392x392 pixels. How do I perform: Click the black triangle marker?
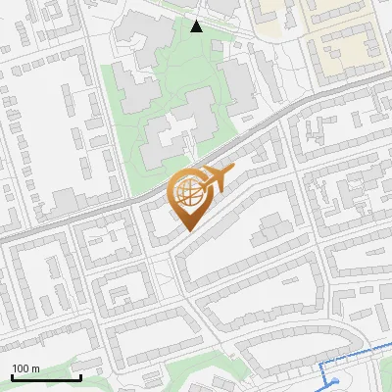point(197,25)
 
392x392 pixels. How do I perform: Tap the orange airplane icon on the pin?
point(217,179)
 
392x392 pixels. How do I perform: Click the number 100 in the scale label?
point(22,368)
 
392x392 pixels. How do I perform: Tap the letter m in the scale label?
point(36,368)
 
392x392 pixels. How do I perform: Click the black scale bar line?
point(46,378)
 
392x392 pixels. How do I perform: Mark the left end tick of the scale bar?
point(12,376)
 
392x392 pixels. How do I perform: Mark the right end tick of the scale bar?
point(80,376)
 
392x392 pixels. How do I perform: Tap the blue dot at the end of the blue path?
point(336,382)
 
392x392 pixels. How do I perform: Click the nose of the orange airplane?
point(233,172)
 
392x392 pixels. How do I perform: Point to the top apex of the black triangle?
point(197,21)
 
